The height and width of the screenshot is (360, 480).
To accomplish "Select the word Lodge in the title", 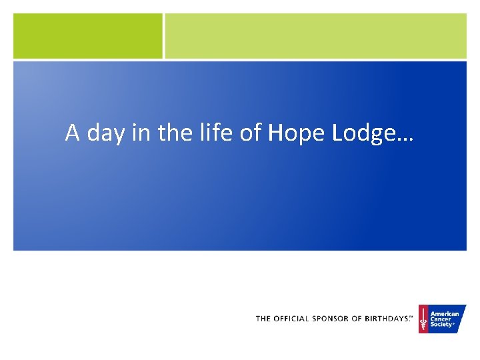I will point(359,134).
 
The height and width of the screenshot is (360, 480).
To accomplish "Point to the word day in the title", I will point(101,134).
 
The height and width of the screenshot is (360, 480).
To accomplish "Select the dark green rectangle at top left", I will point(87,36).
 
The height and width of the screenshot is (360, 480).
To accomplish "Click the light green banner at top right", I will point(315,36).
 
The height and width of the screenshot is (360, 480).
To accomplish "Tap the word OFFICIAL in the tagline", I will point(291,319).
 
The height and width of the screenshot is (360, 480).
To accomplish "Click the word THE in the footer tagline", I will point(263,319).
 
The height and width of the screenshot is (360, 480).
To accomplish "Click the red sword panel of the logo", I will point(423,319).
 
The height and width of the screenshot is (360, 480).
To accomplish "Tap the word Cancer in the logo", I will point(441,319).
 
